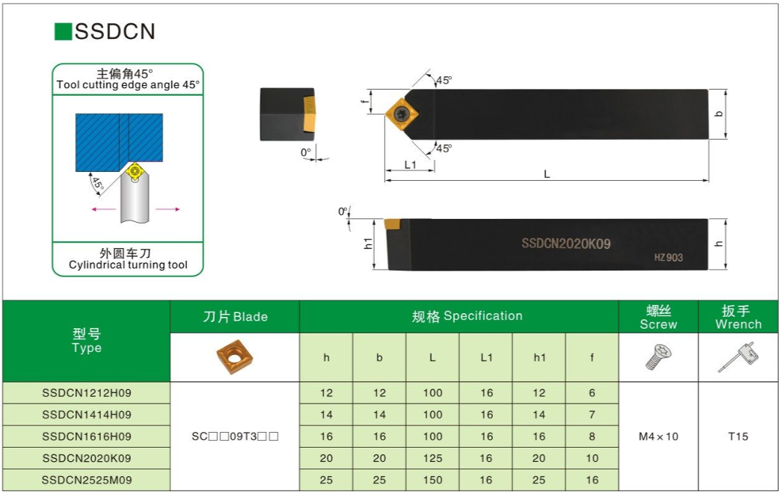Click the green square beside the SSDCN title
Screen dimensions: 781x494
pyautogui.click(x=64, y=31)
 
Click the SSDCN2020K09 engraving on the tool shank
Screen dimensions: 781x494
pyautogui.click(x=566, y=244)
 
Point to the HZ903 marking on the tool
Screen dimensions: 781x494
pyautogui.click(x=669, y=257)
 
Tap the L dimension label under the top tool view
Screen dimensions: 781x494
pyautogui.click(x=547, y=174)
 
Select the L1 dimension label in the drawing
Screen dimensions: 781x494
pyautogui.click(x=410, y=164)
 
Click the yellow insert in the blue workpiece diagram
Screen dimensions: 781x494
pyautogui.click(x=135, y=172)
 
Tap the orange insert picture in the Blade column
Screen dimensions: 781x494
pyautogui.click(x=235, y=356)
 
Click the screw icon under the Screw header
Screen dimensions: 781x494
pyautogui.click(x=658, y=356)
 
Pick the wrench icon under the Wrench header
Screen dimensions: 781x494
pyautogui.click(x=738, y=356)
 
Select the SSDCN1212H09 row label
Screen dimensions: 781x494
pyautogui.click(x=87, y=393)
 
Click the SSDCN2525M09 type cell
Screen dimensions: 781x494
pyautogui.click(x=87, y=480)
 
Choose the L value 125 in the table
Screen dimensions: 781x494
pyautogui.click(x=432, y=458)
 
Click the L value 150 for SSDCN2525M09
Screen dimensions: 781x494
pyautogui.click(x=432, y=480)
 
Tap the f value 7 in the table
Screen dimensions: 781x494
pyautogui.click(x=592, y=414)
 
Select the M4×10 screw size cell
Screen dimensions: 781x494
pyautogui.click(x=658, y=436)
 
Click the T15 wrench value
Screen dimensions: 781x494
pyautogui.click(x=738, y=436)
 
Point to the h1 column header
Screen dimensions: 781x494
pyautogui.click(x=539, y=357)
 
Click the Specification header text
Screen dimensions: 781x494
pyautogui.click(x=483, y=316)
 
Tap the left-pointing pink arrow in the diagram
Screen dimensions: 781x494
pyautogui.click(x=103, y=209)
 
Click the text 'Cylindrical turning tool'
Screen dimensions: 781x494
pyautogui.click(x=128, y=265)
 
